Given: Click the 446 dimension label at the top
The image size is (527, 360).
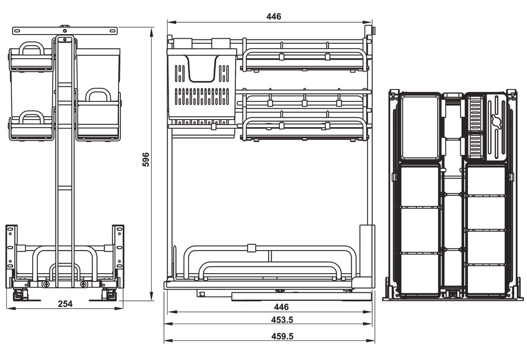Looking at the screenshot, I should pos(273,16).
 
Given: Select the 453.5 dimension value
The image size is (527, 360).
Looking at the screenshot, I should pos(282,320).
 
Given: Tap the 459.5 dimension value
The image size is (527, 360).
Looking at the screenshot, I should pos(282,336).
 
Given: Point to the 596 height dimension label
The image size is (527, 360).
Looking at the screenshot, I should pos(146,160).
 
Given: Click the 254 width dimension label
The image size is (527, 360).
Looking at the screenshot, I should pos(65,304).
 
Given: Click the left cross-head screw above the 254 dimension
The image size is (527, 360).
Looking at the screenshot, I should pos(46,284).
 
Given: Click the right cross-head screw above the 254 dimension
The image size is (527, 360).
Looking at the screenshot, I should pos(84,284).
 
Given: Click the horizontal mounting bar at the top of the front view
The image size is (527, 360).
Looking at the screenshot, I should pos(65,30).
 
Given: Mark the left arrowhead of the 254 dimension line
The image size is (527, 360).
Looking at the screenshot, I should pos(9,308).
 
